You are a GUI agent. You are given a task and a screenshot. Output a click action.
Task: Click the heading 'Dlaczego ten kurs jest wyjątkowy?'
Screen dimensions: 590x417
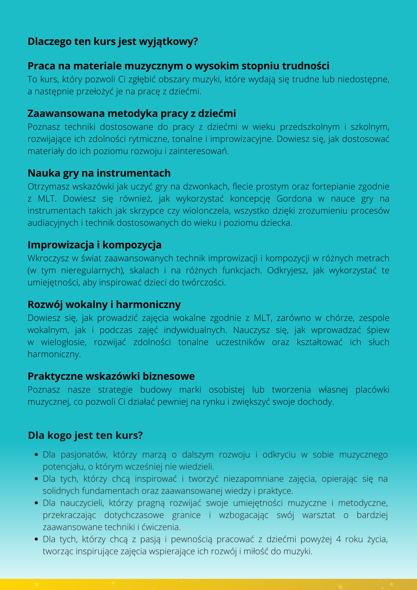[113, 42]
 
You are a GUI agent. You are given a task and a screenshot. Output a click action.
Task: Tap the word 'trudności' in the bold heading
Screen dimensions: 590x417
[306, 66]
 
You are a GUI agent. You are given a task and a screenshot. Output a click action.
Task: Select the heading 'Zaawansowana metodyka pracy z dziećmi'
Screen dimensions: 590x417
[132, 114]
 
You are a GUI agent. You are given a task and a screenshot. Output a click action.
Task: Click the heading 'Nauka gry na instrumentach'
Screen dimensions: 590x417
[99, 173]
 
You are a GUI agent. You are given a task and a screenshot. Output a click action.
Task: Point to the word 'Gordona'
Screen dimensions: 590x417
[294, 199]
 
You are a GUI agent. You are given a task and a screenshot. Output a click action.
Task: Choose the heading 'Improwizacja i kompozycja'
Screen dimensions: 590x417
[95, 245]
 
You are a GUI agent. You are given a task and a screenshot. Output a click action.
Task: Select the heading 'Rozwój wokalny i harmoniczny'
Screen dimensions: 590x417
[104, 305]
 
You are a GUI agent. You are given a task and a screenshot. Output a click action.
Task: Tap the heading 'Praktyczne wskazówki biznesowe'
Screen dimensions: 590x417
[111, 376]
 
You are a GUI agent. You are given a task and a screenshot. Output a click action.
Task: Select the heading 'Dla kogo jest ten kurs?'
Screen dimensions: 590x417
[85, 435]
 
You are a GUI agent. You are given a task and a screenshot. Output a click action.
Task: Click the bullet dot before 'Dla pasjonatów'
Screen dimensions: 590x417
[37, 455]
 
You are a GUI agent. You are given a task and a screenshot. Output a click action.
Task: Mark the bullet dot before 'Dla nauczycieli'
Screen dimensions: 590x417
[37, 503]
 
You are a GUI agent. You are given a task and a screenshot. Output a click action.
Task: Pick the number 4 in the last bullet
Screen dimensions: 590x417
[338, 539]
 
